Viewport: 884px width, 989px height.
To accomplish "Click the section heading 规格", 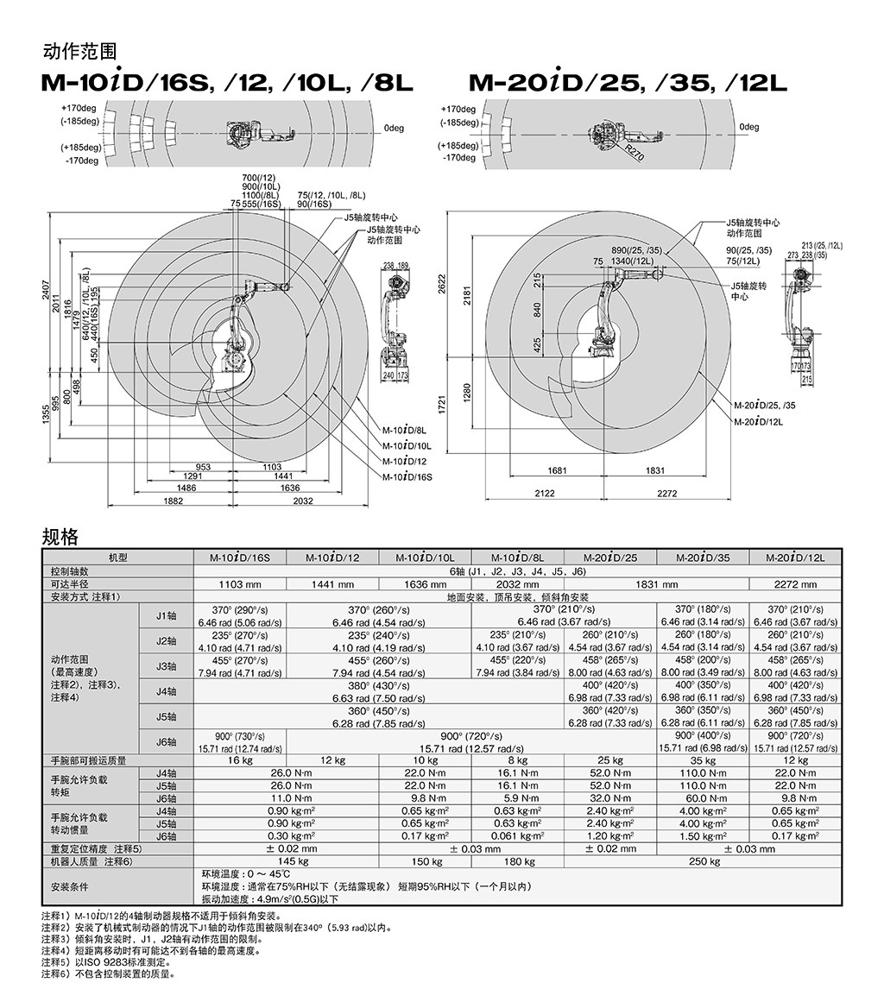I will click(60, 538).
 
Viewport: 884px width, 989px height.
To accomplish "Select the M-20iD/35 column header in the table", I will click(704, 557).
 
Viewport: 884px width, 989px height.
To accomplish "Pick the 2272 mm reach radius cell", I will click(795, 584).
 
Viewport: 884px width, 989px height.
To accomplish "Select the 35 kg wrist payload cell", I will click(704, 760).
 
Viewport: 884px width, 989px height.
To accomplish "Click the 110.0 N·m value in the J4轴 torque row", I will click(704, 773).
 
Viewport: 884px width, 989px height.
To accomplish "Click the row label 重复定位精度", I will click(95, 848).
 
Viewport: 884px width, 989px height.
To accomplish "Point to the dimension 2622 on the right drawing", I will click(444, 285).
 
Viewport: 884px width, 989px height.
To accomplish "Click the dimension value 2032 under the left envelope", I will click(303, 501).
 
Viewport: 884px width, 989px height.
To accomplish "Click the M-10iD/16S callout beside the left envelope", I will click(407, 476).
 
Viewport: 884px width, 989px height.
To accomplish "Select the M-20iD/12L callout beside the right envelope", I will click(760, 421).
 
